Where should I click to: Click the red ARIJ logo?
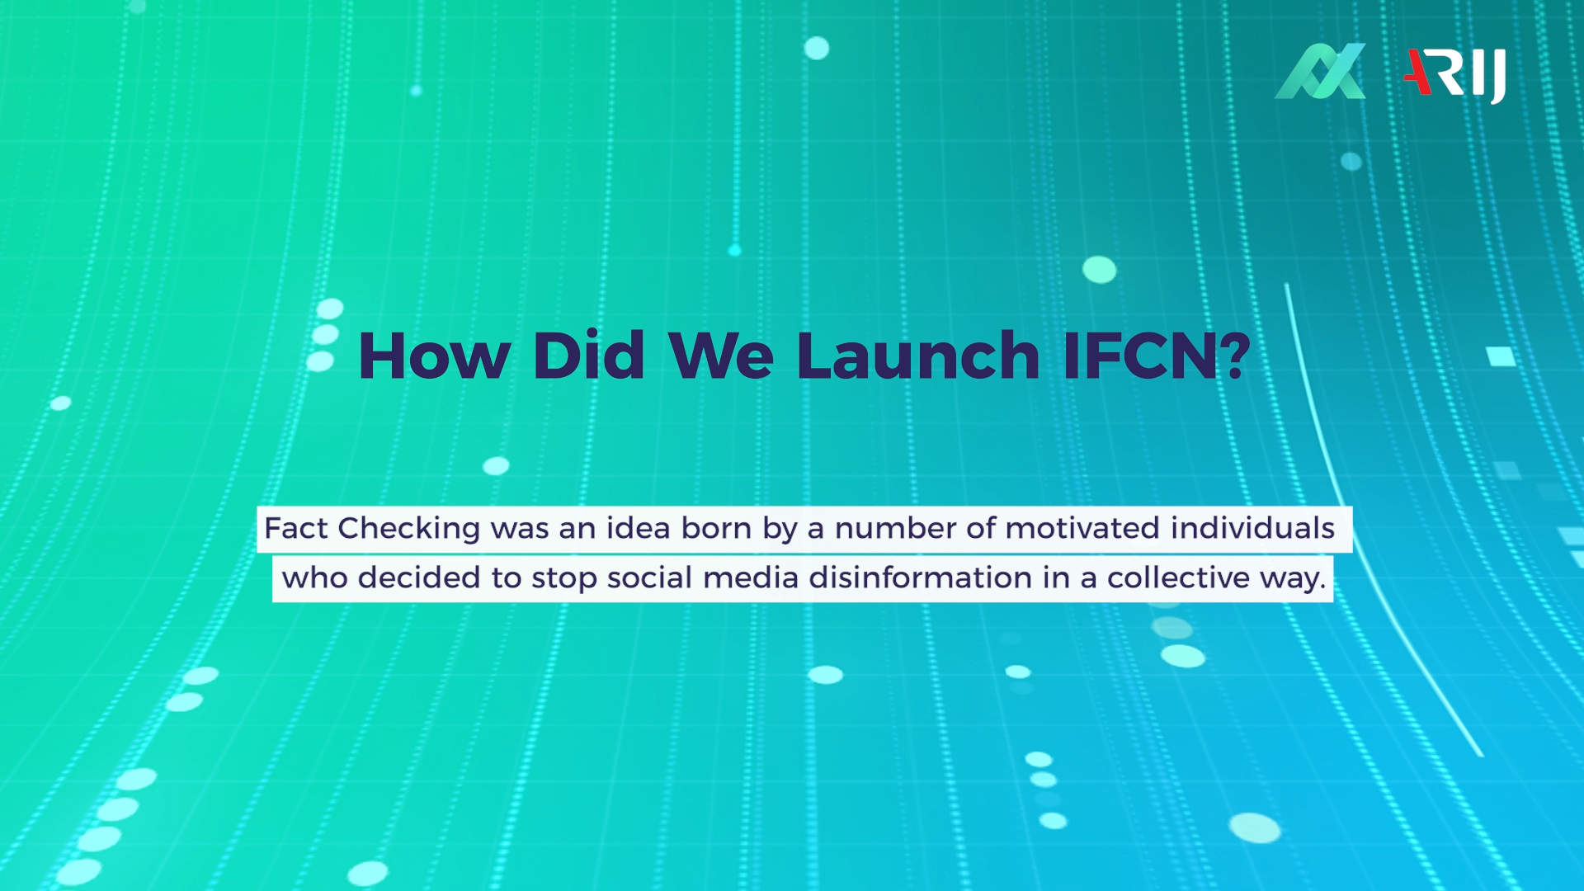[1454, 74]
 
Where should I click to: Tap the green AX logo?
[1320, 72]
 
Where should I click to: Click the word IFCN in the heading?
[1140, 356]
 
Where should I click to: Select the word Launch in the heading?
[917, 356]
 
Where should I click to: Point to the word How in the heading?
[434, 356]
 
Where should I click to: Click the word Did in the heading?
[588, 356]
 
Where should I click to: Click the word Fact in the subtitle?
[296, 528]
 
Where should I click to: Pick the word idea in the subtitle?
[638, 528]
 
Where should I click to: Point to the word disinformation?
[920, 577]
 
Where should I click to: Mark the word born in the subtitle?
[716, 528]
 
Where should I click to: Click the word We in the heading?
[721, 356]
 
